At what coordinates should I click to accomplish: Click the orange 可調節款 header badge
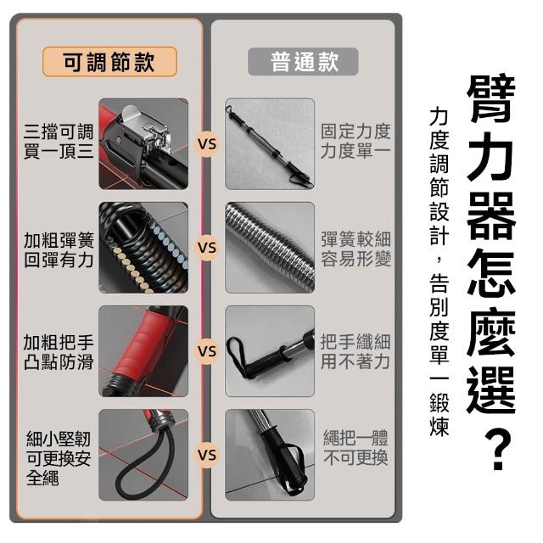pos(109,62)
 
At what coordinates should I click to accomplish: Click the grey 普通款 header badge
pos(303,62)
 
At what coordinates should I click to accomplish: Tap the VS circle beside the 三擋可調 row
pos(207,144)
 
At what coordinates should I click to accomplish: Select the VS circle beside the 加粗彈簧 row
pos(207,248)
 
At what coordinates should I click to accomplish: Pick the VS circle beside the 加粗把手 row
pos(207,351)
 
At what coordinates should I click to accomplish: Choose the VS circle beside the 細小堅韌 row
pos(207,455)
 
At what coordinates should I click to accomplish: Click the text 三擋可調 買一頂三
pos(59,142)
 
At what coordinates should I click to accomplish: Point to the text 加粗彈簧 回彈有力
pos(59,250)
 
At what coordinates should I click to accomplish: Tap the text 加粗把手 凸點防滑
pos(59,352)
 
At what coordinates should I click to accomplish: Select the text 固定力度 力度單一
pos(355,142)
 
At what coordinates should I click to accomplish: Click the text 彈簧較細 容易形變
pos(355,249)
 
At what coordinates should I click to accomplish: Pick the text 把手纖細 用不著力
pos(355,351)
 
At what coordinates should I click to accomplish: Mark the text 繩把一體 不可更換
pos(355,448)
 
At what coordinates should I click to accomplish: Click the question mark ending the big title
pos(497,450)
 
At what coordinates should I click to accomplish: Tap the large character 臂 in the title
pos(491,98)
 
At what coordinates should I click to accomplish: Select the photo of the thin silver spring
pos(270,248)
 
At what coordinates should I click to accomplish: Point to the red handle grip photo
pos(143,351)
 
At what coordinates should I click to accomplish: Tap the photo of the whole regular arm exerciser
pos(270,143)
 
